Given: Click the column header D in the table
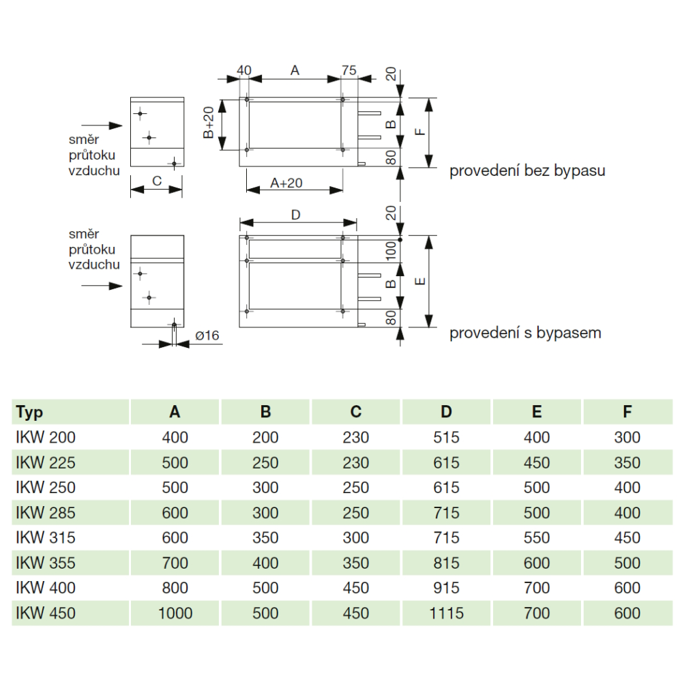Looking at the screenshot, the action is point(446,411).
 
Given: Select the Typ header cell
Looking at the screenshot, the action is point(29,412).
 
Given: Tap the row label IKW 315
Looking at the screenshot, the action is point(46,537).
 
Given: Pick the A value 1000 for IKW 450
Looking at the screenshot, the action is point(175,613).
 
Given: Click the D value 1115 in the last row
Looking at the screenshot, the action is point(446,613).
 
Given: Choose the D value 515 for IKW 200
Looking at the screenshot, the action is point(446,437).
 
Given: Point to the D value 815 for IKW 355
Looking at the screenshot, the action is point(446,563).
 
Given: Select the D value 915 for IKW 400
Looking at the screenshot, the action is point(446,588).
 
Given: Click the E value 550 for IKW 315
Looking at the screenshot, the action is point(537,537).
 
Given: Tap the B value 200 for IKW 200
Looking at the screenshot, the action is point(265,437).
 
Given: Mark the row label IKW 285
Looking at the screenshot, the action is point(46,513).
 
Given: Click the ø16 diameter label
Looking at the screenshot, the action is point(207,336).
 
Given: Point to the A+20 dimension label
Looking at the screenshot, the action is point(286,183).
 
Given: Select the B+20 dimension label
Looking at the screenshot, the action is point(209,123).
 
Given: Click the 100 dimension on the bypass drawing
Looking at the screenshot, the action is point(391,251).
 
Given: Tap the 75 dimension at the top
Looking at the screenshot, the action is point(349,70).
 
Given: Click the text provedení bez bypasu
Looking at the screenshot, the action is point(527,170).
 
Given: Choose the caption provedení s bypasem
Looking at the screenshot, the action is point(525,333).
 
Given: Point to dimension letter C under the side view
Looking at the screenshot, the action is point(157,181).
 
